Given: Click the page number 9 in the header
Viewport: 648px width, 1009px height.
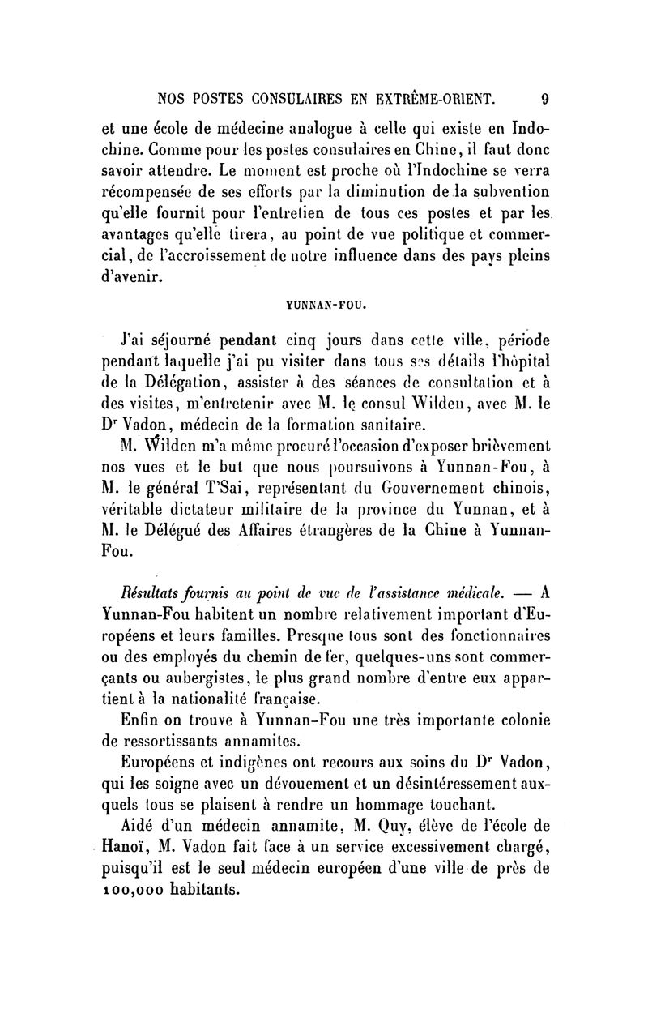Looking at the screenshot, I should point(544,99).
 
